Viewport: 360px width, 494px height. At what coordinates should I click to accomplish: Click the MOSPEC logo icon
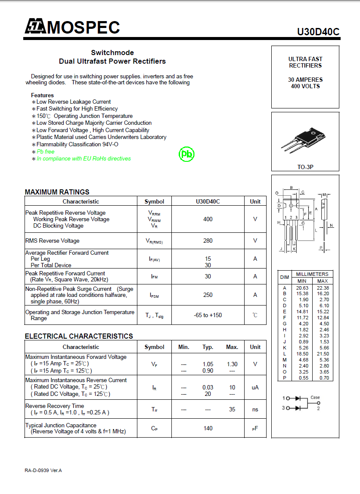coord(35,27)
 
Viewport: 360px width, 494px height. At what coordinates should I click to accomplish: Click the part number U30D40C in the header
coord(318,32)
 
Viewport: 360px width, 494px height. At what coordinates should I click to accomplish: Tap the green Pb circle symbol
coord(187,154)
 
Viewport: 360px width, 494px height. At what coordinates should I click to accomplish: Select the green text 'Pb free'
coord(46,151)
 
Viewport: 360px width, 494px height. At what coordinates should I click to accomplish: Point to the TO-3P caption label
coord(305,167)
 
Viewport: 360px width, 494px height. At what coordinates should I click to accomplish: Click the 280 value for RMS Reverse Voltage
coord(208,241)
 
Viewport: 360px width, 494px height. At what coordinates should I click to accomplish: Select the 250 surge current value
coord(208,295)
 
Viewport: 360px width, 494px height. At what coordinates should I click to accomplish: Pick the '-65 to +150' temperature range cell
coord(208,315)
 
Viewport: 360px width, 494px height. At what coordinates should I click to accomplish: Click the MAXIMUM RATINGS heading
coord(57,192)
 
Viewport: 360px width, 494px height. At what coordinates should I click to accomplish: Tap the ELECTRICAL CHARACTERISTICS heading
coord(79,336)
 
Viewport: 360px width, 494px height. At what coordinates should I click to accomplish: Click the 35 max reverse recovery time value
coord(232,409)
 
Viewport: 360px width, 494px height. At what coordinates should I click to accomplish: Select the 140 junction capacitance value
coord(208,428)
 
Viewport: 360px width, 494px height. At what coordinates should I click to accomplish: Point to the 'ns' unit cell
coord(255,409)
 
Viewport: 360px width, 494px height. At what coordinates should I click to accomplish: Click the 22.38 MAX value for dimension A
coord(323,288)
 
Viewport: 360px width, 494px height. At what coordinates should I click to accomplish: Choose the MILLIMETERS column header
coord(312,274)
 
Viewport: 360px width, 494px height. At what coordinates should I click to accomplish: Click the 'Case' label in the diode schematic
coord(315,398)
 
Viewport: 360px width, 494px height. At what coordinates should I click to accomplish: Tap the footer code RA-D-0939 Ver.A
coord(43,470)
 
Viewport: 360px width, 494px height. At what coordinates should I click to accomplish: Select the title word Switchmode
coord(112,52)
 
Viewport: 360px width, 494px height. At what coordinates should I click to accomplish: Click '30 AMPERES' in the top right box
coord(305,80)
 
